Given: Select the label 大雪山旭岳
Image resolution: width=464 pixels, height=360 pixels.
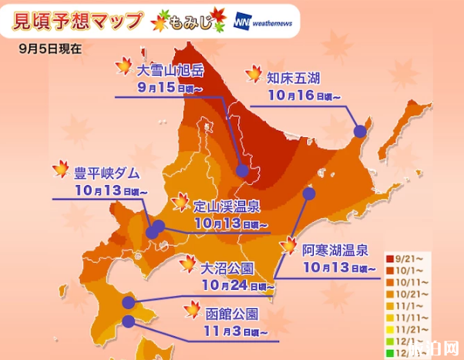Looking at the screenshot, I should click(x=170, y=69).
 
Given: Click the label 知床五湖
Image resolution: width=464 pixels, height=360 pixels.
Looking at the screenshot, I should click(x=294, y=78).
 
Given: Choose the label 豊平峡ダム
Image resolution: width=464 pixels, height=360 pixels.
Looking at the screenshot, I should click(x=106, y=171).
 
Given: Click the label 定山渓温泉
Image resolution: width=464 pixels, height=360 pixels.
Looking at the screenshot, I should click(x=226, y=205).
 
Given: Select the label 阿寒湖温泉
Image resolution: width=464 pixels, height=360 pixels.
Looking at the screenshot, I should click(x=335, y=249).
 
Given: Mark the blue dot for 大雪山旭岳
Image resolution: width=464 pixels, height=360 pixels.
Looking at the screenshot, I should click(x=242, y=171).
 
